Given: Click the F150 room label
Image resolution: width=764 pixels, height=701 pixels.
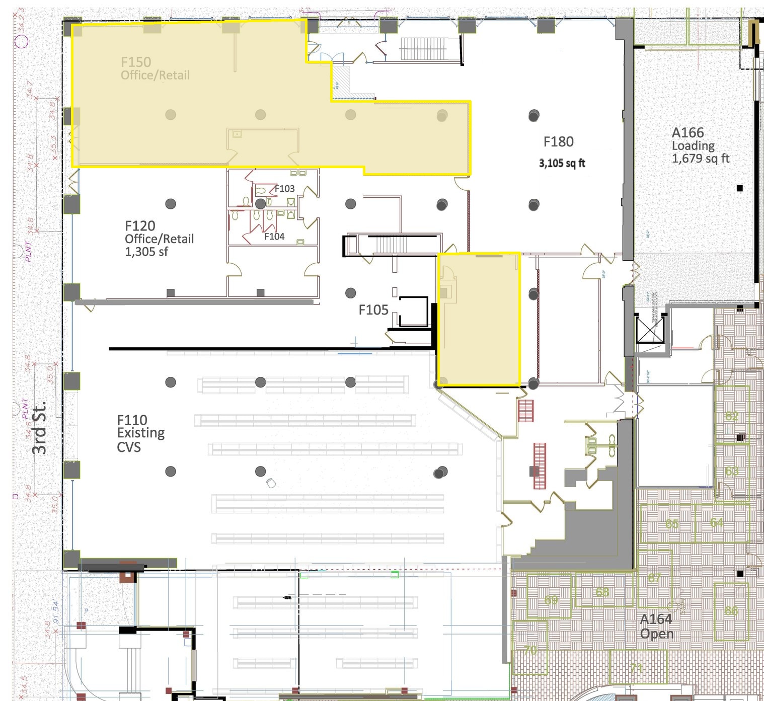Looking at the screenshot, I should coord(136,62).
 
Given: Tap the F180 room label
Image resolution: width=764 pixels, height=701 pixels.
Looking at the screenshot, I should coord(558,142).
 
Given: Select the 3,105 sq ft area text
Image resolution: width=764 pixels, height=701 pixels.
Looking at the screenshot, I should coord(562,163).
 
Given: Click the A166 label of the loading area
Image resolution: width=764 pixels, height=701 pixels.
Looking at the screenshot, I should coord(687,133).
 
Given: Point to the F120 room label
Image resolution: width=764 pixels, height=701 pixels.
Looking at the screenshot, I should coord(140,226).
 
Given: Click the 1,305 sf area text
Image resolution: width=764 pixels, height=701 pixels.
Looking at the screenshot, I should coord(146,252).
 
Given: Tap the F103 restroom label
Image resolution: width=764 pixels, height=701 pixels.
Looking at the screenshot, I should coord(284,189).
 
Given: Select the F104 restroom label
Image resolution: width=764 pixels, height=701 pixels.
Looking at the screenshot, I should coord(274,237).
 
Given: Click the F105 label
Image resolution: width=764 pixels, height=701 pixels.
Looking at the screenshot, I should coord(373,310).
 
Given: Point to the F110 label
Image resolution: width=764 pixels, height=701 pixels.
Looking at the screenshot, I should coord(132,420).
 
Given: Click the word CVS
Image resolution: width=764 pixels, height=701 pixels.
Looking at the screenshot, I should coord(129,447).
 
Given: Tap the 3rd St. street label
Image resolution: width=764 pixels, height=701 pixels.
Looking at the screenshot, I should coord(39,427).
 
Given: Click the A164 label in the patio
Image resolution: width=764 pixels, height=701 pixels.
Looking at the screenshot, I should coord(656,619).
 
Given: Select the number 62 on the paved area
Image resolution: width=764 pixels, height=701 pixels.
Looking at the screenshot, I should coord(731,416).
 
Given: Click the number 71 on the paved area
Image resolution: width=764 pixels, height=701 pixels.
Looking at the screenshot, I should coord(637,668).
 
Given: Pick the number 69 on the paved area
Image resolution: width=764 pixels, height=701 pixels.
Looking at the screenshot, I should coord(551,600).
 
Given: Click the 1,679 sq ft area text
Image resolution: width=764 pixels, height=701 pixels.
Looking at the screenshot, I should coord(701,159).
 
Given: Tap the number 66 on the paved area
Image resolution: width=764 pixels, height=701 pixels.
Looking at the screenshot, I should coord(731,611).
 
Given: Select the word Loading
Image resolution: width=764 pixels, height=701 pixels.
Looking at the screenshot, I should coord(693,146).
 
